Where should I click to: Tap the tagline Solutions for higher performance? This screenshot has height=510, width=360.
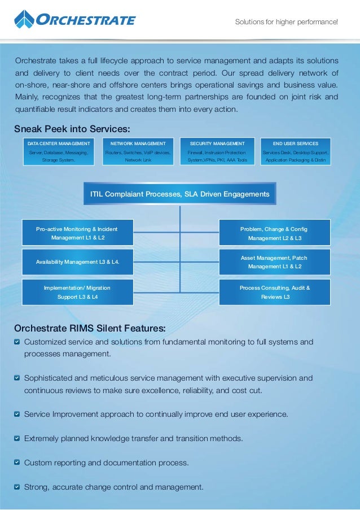[286, 22]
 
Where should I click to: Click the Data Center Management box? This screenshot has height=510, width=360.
[59, 151]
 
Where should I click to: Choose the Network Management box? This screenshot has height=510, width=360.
[138, 151]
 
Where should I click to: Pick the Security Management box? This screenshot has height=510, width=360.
[217, 151]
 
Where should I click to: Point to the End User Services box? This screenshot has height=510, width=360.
[296, 151]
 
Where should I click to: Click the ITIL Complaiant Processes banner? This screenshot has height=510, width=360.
[179, 194]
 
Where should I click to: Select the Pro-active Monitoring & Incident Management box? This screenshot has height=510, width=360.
[77, 233]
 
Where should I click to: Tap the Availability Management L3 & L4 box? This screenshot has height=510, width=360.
[77, 262]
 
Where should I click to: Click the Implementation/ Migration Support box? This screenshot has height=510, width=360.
[77, 292]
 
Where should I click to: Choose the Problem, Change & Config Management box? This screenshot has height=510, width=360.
[275, 233]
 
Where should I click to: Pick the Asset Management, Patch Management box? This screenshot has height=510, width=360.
[275, 262]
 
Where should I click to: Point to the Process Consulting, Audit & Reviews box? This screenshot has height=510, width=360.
[275, 292]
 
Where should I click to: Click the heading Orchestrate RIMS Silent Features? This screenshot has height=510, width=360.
[90, 328]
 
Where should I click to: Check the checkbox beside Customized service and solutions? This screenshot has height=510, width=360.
[17, 342]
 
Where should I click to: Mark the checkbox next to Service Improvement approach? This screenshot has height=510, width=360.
[17, 415]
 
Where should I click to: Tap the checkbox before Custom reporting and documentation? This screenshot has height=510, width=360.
[17, 463]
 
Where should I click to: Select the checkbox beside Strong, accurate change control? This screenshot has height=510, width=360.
[17, 487]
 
